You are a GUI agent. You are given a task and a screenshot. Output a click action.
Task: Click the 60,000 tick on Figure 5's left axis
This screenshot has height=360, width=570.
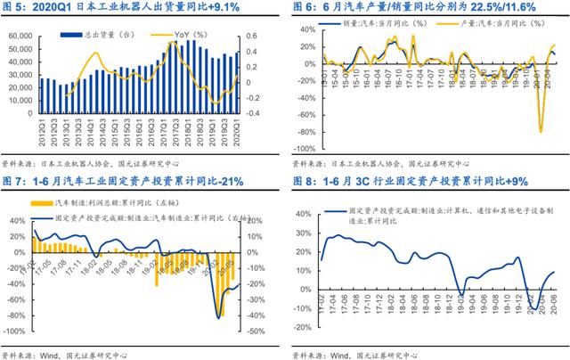click(20, 37)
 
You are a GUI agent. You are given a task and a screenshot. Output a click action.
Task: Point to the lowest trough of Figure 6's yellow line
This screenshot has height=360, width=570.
click(541, 132)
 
